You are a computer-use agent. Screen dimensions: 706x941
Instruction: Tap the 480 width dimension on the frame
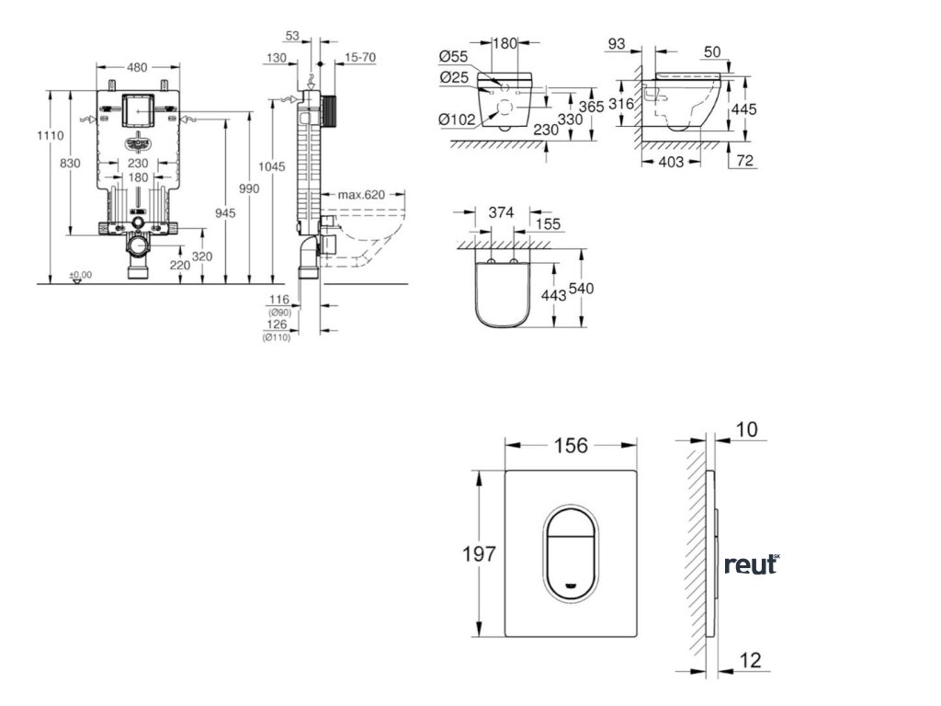[137, 66]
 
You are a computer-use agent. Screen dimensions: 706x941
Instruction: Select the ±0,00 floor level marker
[81, 274]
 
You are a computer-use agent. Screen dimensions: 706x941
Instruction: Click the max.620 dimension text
[359, 195]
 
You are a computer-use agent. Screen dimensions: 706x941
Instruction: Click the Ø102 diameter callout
[456, 119]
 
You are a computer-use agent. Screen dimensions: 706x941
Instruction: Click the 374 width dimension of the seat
[501, 212]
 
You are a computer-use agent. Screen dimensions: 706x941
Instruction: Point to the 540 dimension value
[582, 289]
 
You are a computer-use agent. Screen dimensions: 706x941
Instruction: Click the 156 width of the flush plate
[570, 446]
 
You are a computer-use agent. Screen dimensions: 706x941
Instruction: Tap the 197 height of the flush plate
[479, 553]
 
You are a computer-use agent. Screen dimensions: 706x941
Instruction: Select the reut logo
[751, 564]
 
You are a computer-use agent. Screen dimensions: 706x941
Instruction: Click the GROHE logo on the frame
[137, 143]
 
